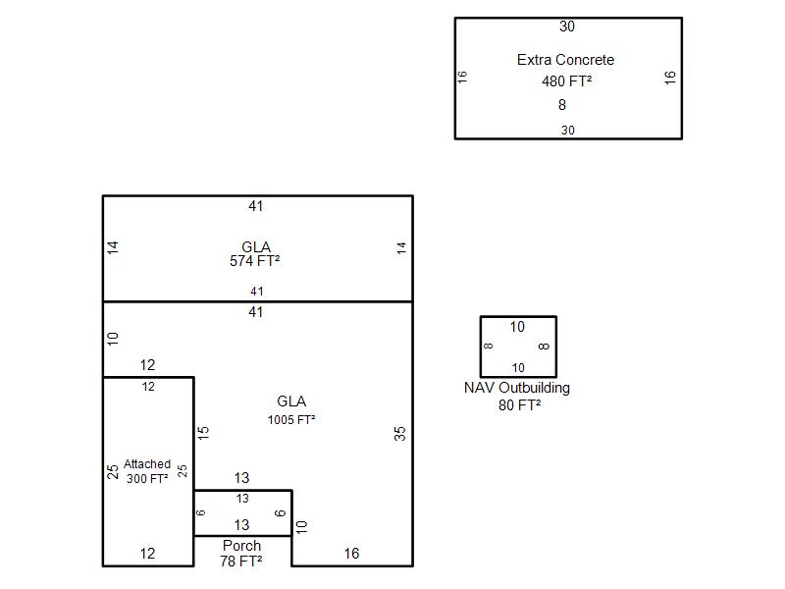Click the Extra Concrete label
[565, 60]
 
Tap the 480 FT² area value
[566, 81]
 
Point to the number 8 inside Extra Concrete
[562, 105]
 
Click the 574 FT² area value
[255, 261]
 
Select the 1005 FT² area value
[291, 420]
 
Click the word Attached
[147, 464]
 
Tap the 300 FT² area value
[147, 478]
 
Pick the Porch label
[241, 546]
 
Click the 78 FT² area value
[241, 562]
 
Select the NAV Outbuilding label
[517, 388]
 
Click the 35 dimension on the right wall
[400, 433]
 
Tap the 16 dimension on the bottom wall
[351, 554]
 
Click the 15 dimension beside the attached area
[203, 432]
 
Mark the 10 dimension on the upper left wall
[113, 339]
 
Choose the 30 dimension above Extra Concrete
[567, 27]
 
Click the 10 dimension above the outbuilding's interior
[517, 327]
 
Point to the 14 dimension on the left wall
[113, 248]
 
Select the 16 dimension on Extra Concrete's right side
[671, 78]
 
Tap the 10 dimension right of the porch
[302, 526]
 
